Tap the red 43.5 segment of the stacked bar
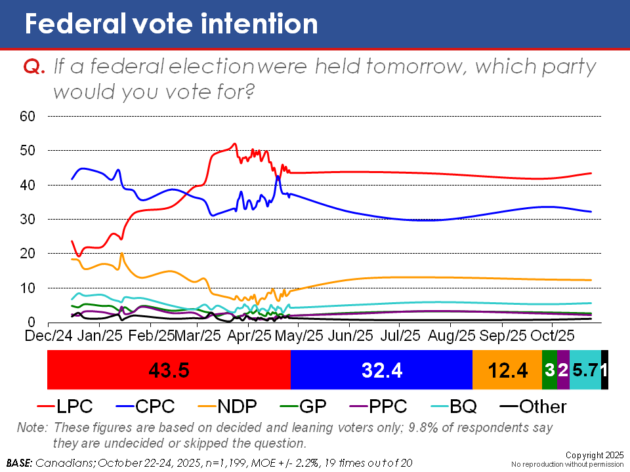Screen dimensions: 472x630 click(x=169, y=370)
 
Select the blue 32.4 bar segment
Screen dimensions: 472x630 click(x=381, y=370)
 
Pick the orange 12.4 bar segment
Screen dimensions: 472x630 click(x=507, y=370)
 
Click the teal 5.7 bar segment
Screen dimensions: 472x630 click(x=585, y=370)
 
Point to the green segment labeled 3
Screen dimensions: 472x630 click(x=549, y=370)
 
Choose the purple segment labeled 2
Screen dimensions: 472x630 click(x=563, y=370)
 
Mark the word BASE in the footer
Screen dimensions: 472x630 click(x=19, y=463)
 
